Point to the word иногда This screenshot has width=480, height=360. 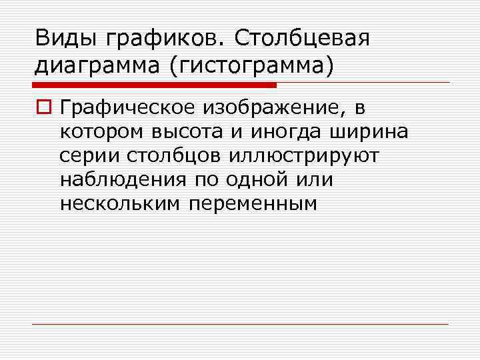[285, 133]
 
